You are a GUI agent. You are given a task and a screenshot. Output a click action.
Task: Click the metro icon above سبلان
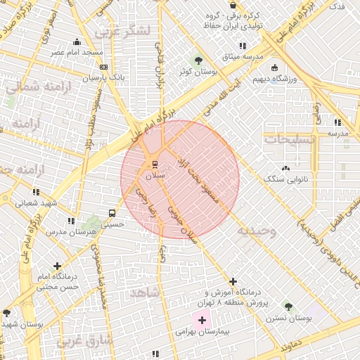tap(155, 165)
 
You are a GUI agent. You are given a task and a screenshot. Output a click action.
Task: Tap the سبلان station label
tap(155, 174)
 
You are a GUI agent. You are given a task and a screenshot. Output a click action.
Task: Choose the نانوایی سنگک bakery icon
tap(285, 168)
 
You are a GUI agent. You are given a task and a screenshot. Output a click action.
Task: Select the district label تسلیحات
tap(288, 139)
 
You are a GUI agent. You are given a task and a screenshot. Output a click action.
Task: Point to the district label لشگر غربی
tap(127, 31)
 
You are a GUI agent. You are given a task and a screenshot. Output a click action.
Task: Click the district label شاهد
tap(144, 291)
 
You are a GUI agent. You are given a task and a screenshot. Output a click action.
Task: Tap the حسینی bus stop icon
tap(112, 213)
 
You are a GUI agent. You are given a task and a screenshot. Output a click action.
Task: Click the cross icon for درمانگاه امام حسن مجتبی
tap(57, 266)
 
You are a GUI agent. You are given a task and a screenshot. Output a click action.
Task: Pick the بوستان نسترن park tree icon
tap(288, 307)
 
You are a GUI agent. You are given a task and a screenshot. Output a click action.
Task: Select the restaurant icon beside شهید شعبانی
tap(35, 191)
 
